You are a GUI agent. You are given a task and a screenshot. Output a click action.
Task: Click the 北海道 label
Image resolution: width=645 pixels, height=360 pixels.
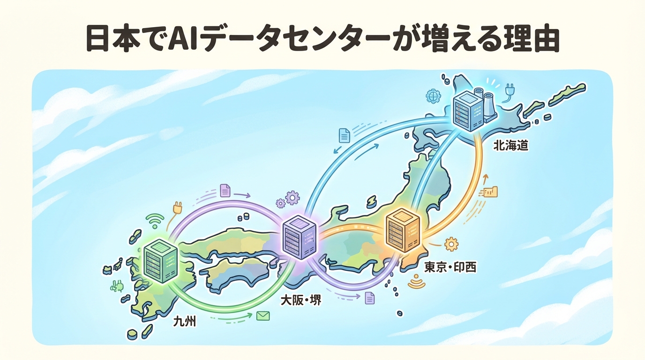click(x=510, y=146)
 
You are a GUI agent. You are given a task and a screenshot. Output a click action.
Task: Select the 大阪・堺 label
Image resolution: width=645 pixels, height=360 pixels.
click(x=301, y=300)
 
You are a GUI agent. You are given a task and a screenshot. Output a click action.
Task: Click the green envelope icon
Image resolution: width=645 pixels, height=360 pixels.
click(x=262, y=316)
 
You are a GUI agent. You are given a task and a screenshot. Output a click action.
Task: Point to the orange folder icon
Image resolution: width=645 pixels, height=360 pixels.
click(x=491, y=191)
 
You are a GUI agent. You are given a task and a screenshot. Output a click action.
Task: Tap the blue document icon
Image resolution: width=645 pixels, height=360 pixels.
click(x=345, y=135)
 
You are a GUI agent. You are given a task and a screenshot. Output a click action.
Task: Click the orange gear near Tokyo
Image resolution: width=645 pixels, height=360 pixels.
click(x=451, y=244)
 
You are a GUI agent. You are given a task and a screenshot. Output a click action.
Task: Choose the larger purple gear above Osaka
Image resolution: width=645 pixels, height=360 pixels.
click(x=292, y=197)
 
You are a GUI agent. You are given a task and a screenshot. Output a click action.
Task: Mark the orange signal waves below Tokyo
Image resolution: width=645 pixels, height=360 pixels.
click(x=415, y=282)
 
